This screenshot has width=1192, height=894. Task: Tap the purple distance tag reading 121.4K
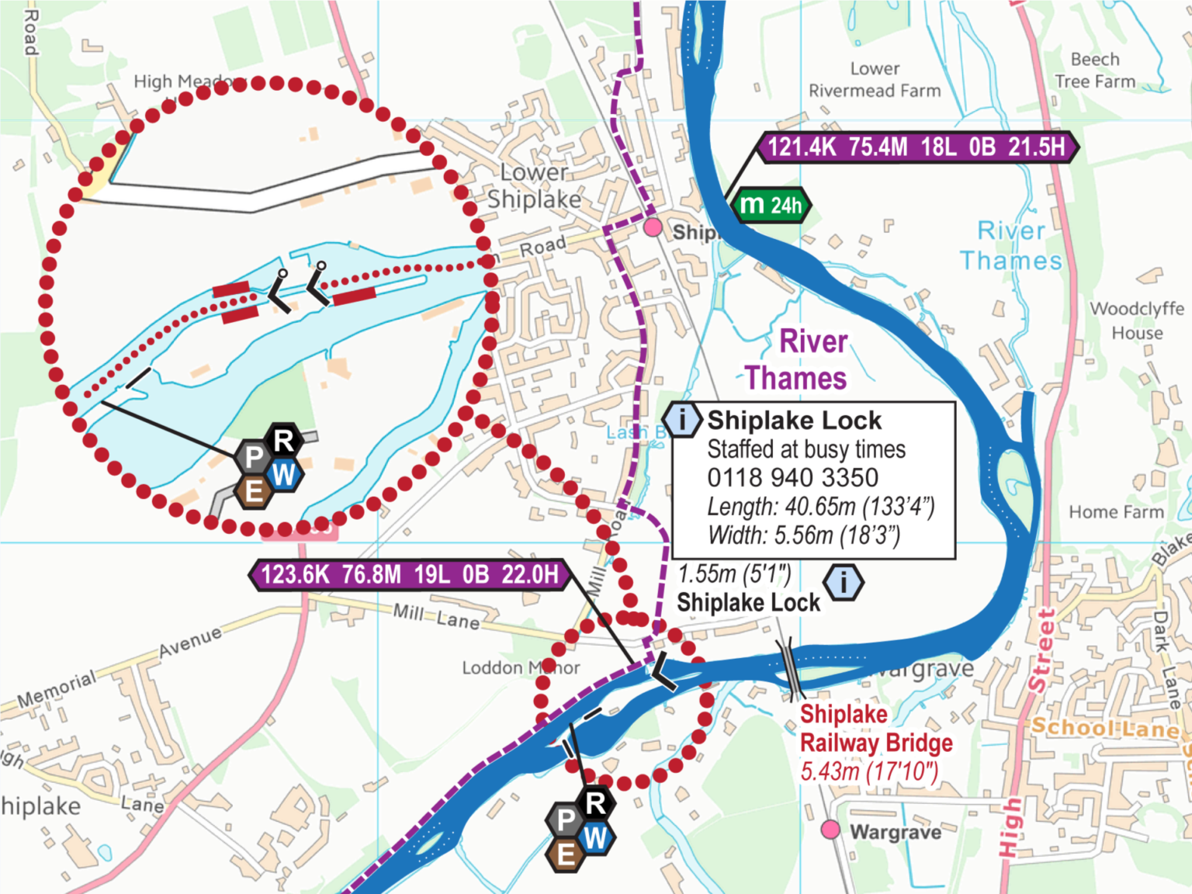pos(917,147)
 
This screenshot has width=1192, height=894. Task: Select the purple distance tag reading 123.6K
pos(410,575)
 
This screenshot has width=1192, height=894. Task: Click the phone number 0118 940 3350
pos(792,477)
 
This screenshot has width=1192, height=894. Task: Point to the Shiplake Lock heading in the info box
pos(794,421)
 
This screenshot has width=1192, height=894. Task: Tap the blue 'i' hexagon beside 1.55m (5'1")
pos(844,581)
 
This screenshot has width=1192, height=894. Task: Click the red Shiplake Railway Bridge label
pos(875,729)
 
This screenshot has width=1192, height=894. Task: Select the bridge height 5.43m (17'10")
pos(869,771)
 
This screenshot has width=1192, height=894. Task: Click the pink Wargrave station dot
pos(830,830)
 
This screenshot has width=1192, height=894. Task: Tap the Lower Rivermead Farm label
pos(875,80)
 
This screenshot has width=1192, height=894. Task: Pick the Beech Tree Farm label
pos(1095,71)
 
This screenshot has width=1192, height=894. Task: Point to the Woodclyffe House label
pos(1137,321)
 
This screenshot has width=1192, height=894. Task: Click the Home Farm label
pos(1116,512)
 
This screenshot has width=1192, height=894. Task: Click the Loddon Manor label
pos(521,667)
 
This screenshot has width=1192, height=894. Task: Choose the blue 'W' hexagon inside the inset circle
pos(284,474)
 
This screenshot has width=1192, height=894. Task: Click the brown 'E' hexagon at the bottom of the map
pos(566,854)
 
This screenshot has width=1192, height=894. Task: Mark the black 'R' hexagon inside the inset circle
pos(284,441)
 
